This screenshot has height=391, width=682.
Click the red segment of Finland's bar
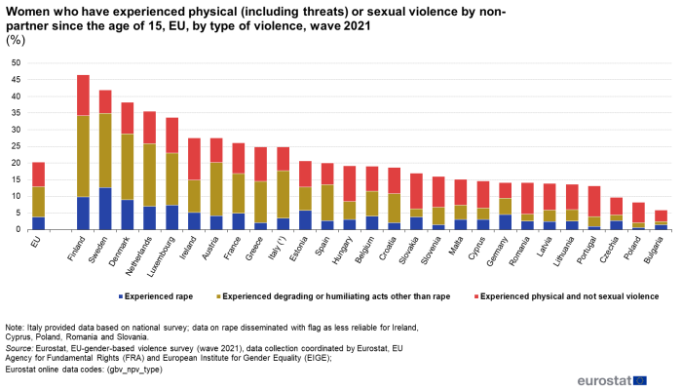tap(84, 95)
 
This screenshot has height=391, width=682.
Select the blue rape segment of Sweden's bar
tap(105, 208)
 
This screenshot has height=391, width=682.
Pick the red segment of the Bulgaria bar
tap(634, 215)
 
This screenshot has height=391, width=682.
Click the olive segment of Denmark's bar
tap(127, 167)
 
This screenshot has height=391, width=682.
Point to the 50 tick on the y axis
tap(16, 63)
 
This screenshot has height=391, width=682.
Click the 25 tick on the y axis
tap(16, 146)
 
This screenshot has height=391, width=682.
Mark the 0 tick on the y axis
tap(19, 230)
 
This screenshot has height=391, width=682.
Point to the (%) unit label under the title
tap(16, 40)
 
